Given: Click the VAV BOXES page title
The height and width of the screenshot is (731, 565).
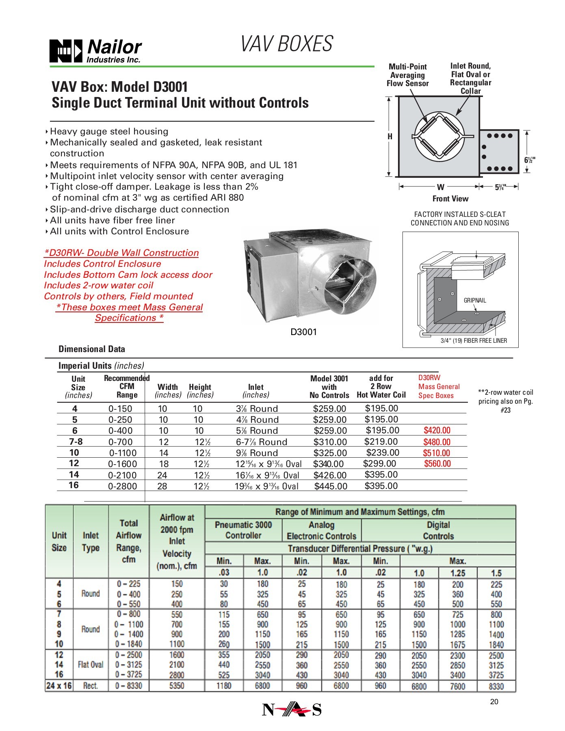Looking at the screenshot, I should pos(287,44).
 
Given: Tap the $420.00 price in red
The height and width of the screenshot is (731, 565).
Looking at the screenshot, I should pos(437,430).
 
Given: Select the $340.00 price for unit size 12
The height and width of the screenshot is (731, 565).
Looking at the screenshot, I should pos(328,464).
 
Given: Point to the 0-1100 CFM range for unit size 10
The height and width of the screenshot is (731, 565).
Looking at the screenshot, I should pos(123,453).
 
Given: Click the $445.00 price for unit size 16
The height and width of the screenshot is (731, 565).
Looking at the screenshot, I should pos(331,486).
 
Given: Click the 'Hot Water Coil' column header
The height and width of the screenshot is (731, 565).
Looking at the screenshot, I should pos(381,395).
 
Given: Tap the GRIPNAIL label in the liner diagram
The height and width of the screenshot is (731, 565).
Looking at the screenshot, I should pos(474,301).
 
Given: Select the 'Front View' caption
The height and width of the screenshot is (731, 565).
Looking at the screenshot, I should pos(450,199).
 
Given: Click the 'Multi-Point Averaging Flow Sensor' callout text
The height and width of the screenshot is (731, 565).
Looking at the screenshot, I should pos(407,75).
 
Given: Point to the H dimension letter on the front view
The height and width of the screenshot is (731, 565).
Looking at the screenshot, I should pos(390,136).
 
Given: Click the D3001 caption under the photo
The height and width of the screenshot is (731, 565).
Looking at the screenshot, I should pos(303,332).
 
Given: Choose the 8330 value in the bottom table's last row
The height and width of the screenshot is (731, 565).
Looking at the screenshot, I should pos(496,686).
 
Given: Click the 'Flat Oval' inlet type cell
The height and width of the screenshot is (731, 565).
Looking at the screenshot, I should pos(91,665).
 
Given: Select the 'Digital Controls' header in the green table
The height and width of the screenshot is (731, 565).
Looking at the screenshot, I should pos(438,530).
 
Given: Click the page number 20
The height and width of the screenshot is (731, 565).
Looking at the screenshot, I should pos(494,702).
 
